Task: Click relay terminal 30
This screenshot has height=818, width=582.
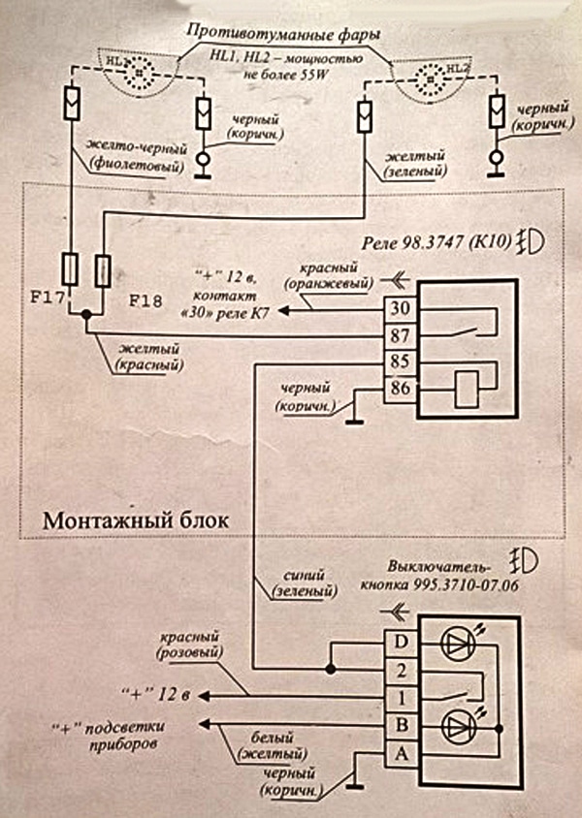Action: pyautogui.click(x=400, y=309)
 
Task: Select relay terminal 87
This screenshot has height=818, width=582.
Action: pyautogui.click(x=400, y=334)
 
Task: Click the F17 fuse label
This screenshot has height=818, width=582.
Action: pyautogui.click(x=45, y=299)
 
